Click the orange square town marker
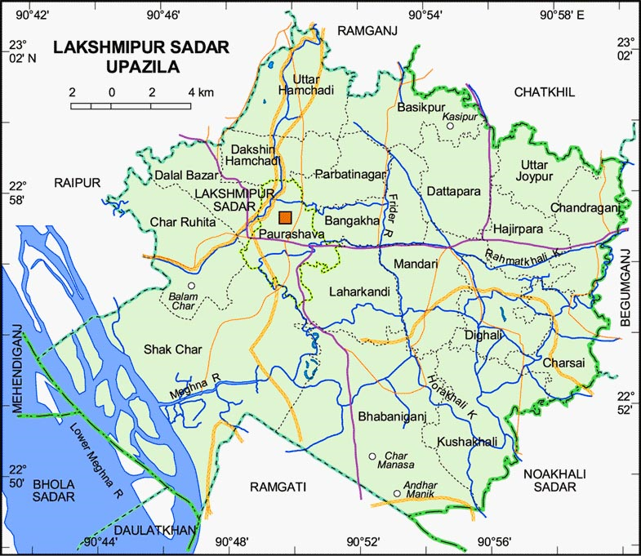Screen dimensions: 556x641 [285, 217]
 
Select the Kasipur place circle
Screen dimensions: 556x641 [449, 127]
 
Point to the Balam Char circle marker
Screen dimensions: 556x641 [192, 286]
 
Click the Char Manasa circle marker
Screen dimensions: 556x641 [372, 456]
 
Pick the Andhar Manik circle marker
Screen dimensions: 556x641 [397, 493]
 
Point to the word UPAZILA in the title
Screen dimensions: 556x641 [142, 67]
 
